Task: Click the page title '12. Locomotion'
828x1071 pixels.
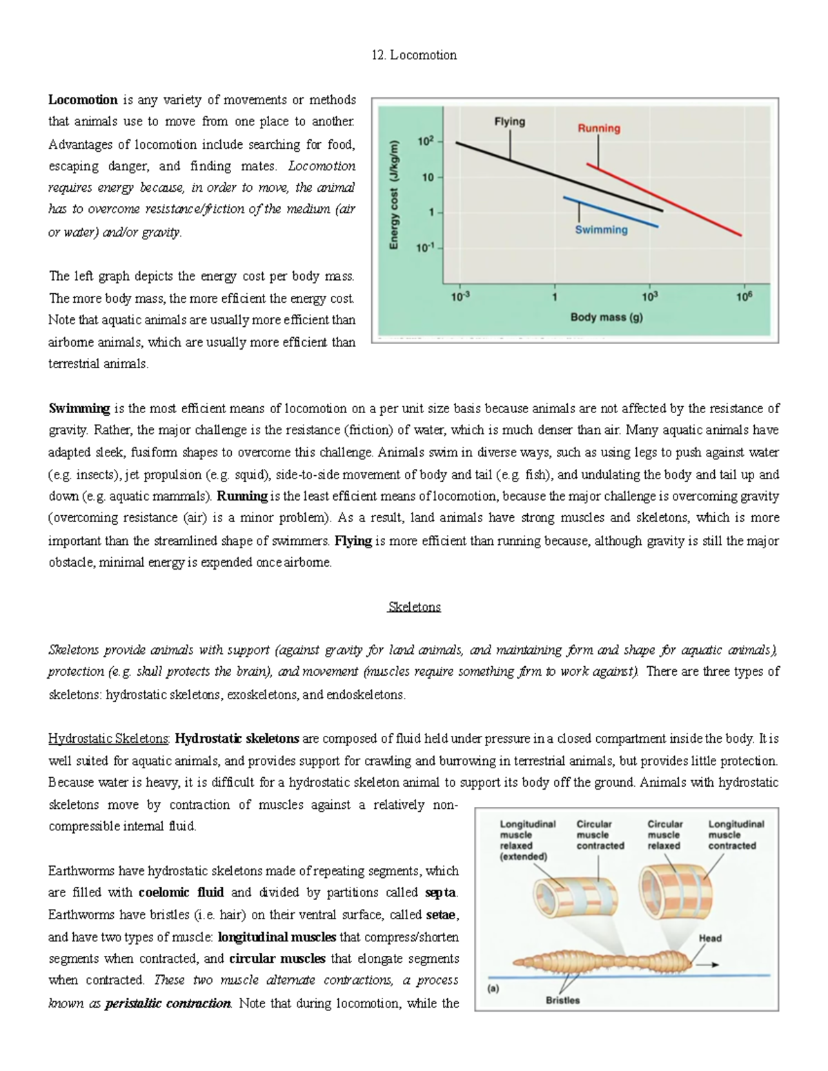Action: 413,55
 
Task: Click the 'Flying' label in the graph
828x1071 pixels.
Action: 509,121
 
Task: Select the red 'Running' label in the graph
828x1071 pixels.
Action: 598,128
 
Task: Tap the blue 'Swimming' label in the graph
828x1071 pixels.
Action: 601,230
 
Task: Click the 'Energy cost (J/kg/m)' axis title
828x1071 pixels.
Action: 394,194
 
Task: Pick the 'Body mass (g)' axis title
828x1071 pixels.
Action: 607,317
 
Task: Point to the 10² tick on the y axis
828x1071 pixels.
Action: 425,141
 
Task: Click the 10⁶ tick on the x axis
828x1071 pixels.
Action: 744,297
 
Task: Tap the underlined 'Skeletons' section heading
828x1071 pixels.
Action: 414,607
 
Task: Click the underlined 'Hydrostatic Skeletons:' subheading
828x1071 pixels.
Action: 109,739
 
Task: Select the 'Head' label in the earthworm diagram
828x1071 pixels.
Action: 710,938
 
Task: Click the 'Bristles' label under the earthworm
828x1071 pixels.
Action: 562,1000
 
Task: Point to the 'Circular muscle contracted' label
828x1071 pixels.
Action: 600,834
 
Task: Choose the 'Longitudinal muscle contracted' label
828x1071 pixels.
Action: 736,834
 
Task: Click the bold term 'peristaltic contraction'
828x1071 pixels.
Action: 168,1003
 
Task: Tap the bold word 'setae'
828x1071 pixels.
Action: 442,914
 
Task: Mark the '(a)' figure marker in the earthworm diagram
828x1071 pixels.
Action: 493,988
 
